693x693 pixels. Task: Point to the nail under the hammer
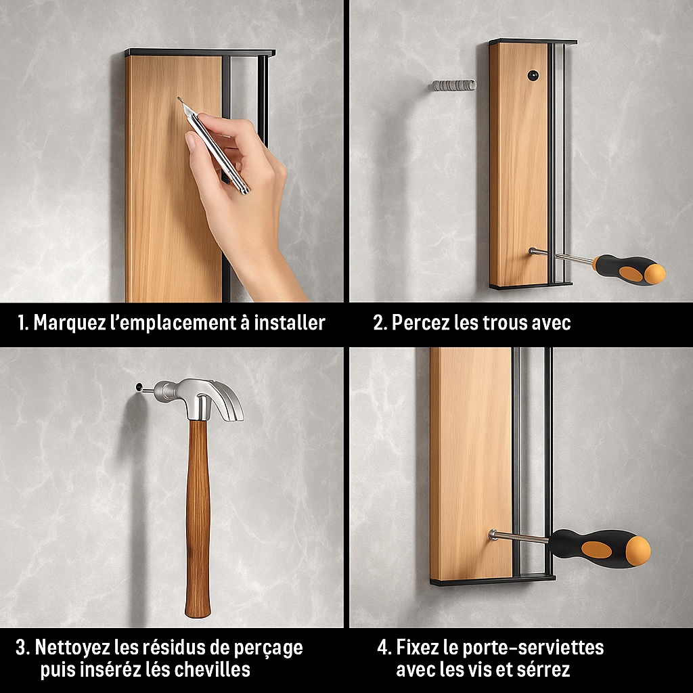143,389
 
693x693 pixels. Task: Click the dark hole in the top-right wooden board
533,76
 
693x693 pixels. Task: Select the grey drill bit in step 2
454,85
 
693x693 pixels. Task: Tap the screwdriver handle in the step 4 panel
600,548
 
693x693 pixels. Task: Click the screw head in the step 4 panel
493,535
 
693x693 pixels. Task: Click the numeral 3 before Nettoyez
20,648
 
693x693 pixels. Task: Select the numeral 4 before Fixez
383,648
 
